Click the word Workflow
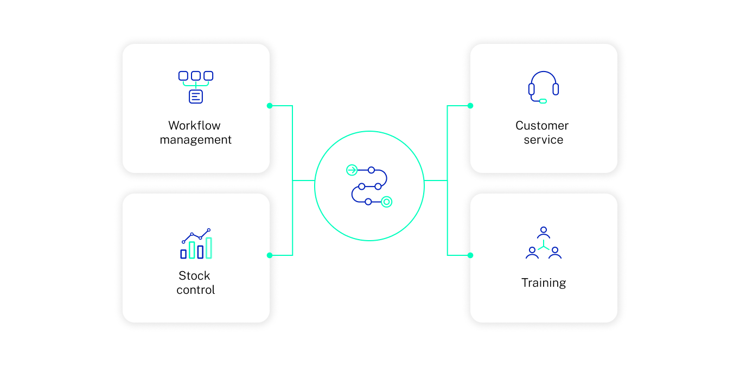point(194,126)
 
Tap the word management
point(195,140)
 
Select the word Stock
point(194,275)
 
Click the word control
point(195,290)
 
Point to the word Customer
point(542,126)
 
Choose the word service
point(543,140)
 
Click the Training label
point(543,283)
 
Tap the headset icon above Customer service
point(543,87)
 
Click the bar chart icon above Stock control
point(196,244)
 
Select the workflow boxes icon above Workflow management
point(196,87)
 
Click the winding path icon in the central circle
point(369,186)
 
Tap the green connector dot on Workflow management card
point(270,106)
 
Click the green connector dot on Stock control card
point(270,255)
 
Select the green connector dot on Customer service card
point(470,106)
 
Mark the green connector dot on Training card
point(470,255)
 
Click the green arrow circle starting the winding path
point(352,170)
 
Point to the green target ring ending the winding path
point(386,202)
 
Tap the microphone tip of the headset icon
point(543,101)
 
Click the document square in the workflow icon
point(196,96)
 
